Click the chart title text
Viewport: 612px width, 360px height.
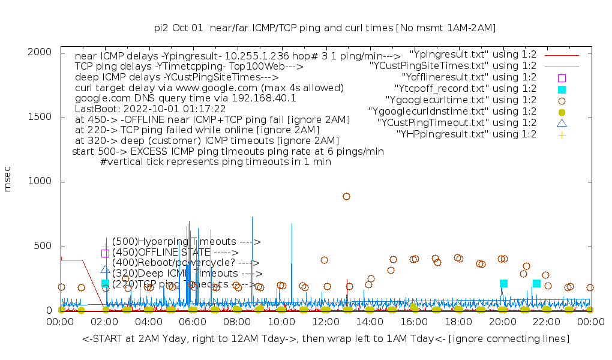click(x=325, y=28)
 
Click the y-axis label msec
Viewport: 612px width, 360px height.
click(x=8, y=179)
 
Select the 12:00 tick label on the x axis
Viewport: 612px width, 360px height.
click(x=325, y=322)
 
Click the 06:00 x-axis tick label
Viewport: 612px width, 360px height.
click(x=193, y=322)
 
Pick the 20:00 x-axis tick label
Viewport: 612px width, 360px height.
click(x=502, y=322)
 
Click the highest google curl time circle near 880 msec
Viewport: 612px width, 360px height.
click(x=346, y=196)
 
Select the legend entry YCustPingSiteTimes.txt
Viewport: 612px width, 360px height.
click(x=453, y=66)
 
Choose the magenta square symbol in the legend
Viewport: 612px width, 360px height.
click(x=562, y=78)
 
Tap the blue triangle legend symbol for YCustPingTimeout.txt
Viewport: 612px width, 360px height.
click(x=562, y=123)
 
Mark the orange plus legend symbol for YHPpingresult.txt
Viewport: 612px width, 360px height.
click(x=562, y=134)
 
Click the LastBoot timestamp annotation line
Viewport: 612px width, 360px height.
click(x=150, y=109)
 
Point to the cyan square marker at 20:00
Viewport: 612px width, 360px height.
click(x=503, y=283)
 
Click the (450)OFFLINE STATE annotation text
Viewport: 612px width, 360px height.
click(x=175, y=253)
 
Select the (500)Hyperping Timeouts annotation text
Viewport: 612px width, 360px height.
click(x=186, y=242)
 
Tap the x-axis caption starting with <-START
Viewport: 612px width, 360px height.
click(x=325, y=339)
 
